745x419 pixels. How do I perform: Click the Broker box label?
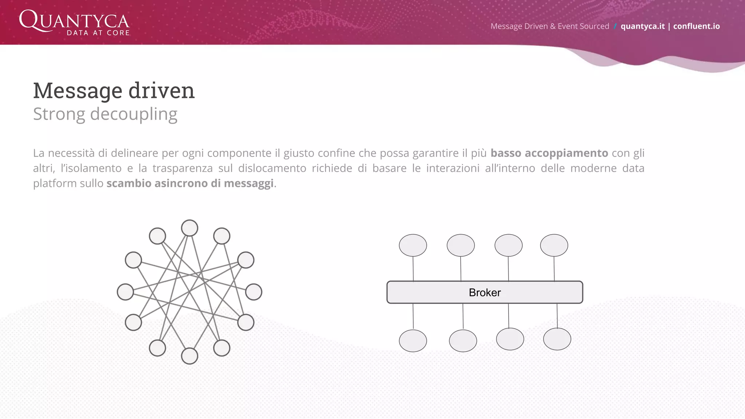[485, 292]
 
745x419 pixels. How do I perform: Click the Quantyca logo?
[75, 23]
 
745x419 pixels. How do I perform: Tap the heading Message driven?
[114, 90]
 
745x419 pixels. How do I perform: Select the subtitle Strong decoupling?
[105, 114]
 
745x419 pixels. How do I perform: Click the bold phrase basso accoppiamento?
[549, 153]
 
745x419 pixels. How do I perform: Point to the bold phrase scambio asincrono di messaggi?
[190, 183]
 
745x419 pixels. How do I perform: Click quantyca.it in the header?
[642, 26]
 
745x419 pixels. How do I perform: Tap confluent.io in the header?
[696, 26]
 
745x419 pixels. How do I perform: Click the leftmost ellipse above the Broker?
[413, 245]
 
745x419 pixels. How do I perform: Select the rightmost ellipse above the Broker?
[554, 245]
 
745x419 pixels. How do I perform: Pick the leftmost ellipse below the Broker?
[413, 341]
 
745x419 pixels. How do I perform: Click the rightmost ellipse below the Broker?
[557, 339]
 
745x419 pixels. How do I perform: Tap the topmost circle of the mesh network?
[190, 228]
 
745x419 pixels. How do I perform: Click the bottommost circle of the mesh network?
[190, 356]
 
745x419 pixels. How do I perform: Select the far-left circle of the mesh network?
[125, 292]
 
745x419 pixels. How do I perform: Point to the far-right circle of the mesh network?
[254, 292]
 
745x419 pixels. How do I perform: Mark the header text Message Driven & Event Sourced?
[550, 26]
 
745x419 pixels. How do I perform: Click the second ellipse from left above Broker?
[461, 245]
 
